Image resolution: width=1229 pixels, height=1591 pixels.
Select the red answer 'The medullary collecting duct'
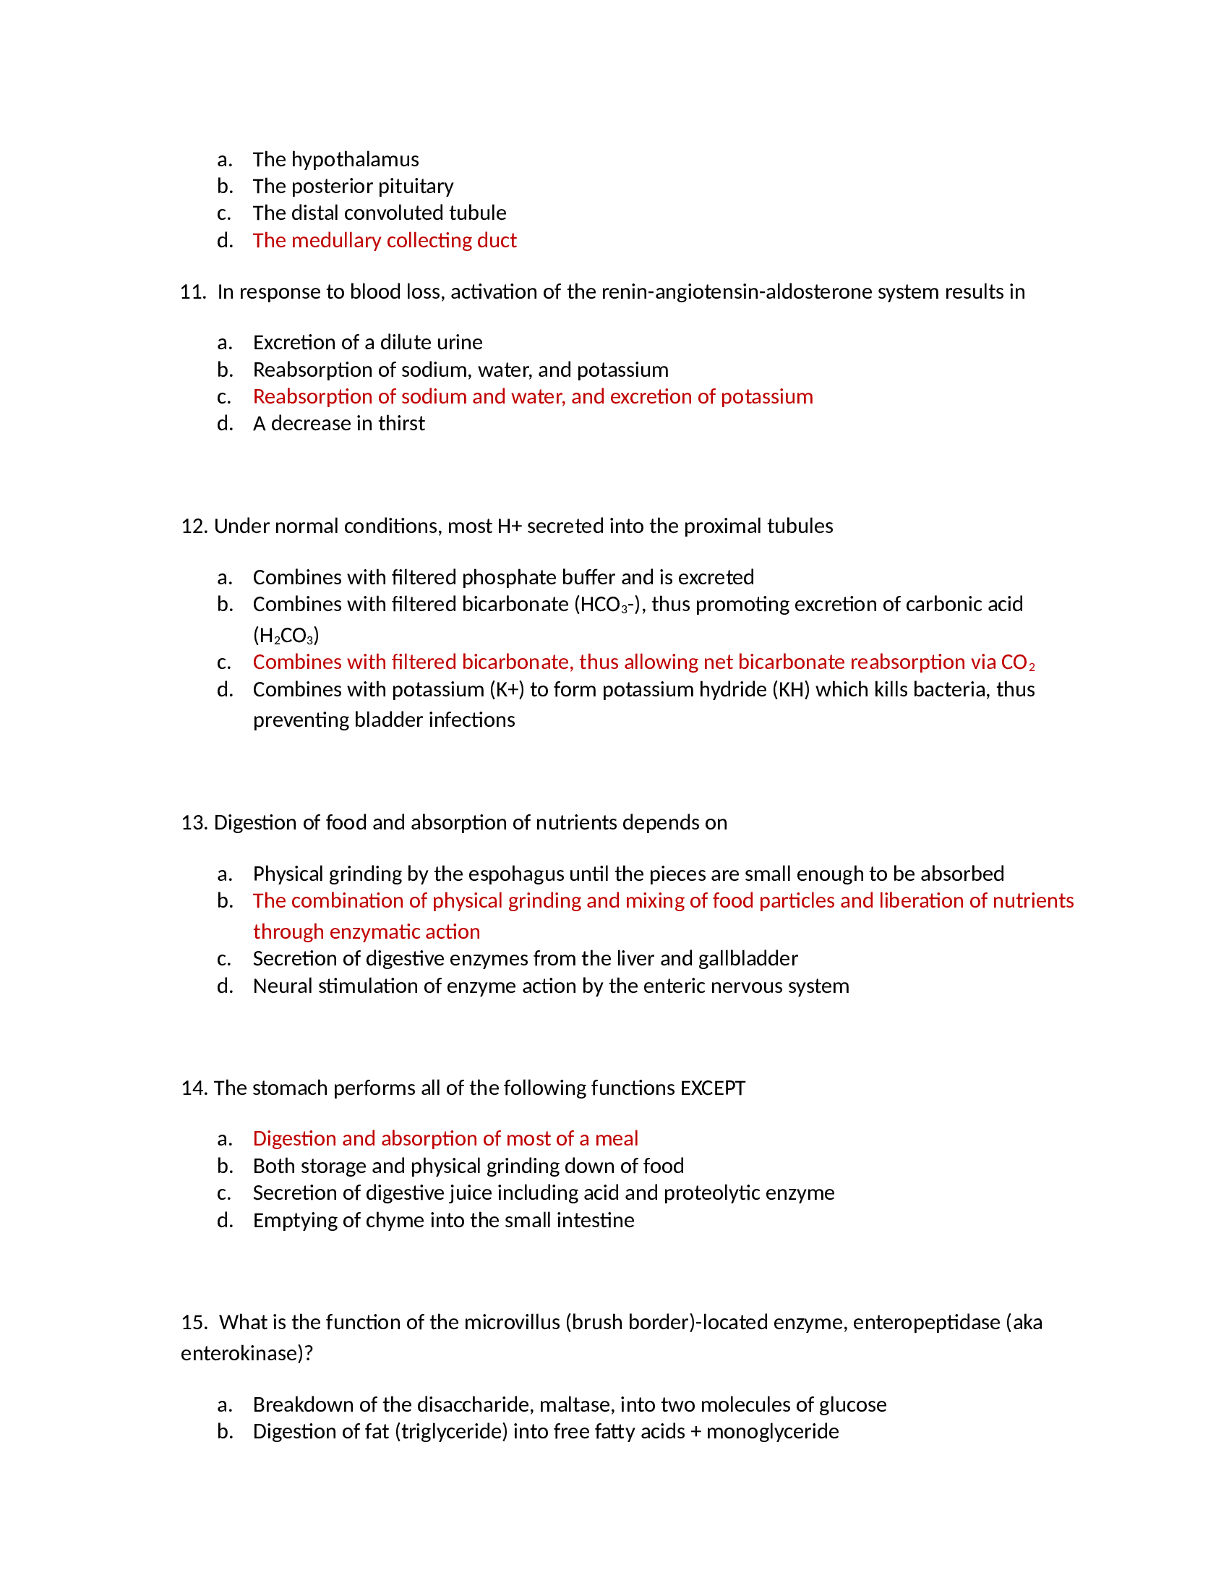(385, 240)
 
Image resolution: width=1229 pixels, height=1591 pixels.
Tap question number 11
(193, 292)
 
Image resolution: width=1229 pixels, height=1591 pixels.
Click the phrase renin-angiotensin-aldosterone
(736, 292)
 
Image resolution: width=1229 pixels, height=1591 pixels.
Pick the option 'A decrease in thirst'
(338, 423)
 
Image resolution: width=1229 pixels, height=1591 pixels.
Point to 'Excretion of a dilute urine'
(367, 342)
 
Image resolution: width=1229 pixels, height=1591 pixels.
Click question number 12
(194, 526)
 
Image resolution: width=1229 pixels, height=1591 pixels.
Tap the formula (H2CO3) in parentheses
(286, 636)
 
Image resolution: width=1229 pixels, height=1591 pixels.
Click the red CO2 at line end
(1017, 662)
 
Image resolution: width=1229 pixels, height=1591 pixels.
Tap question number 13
(194, 822)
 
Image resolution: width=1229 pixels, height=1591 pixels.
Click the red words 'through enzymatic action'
(367, 931)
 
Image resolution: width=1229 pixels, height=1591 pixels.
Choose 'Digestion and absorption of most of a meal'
(445, 1138)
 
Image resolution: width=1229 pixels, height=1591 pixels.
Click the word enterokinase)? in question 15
(246, 1354)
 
